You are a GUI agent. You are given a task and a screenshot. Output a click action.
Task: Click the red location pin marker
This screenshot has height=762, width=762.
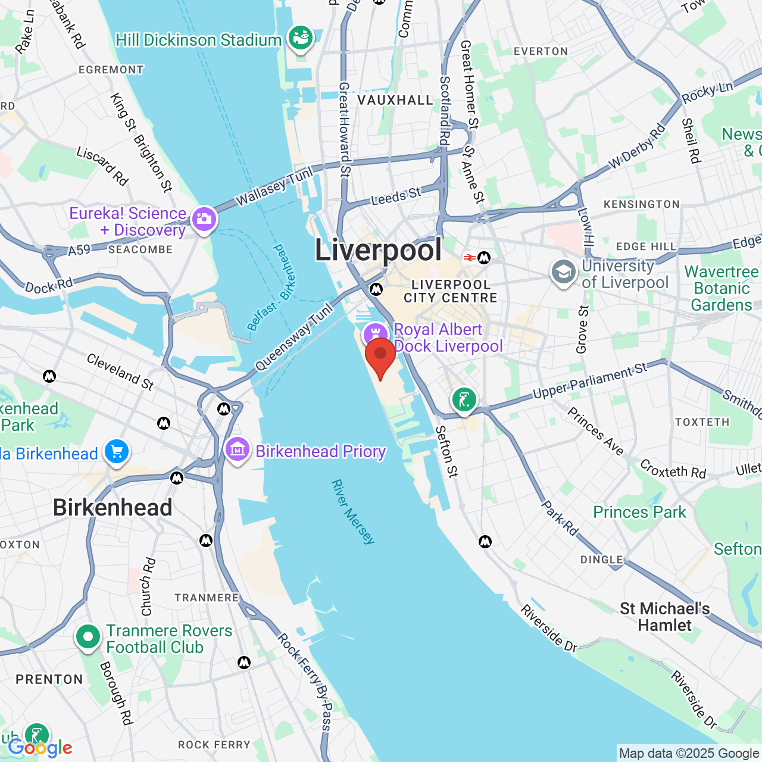click(x=380, y=355)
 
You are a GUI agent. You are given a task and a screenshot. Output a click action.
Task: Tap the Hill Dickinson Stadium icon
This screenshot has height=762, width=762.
click(x=301, y=39)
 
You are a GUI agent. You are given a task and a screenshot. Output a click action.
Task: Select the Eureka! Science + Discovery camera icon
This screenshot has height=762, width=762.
click(x=204, y=219)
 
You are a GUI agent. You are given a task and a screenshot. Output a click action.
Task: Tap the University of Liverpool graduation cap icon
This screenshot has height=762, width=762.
click(x=563, y=273)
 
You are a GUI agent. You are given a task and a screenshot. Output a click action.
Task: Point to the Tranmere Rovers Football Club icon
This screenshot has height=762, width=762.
click(x=88, y=638)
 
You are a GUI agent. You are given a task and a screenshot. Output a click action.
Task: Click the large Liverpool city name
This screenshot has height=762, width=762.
click(x=378, y=249)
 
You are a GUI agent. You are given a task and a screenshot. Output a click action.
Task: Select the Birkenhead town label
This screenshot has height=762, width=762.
click(x=113, y=508)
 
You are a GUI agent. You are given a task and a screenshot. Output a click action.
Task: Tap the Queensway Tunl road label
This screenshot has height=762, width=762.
click(x=293, y=336)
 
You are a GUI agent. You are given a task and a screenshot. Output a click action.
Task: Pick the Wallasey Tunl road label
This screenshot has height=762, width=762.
click(x=274, y=186)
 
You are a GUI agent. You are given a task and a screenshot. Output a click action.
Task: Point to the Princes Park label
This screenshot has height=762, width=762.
click(x=639, y=512)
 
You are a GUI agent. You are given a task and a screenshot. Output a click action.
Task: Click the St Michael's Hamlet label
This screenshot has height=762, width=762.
click(x=664, y=617)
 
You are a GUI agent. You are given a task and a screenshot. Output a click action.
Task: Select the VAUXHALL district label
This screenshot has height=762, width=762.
click(x=395, y=100)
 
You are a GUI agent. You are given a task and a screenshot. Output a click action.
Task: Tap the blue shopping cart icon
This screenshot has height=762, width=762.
click(x=117, y=452)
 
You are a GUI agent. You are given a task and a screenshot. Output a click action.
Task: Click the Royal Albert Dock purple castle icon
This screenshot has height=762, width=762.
click(x=376, y=333)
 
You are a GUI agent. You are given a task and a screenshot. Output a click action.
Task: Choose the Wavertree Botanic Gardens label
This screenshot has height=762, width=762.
click(x=722, y=289)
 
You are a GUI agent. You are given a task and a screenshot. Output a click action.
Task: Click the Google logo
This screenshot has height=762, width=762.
click(x=40, y=748)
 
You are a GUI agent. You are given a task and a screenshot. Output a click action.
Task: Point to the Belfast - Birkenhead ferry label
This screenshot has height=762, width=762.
click(x=271, y=288)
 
